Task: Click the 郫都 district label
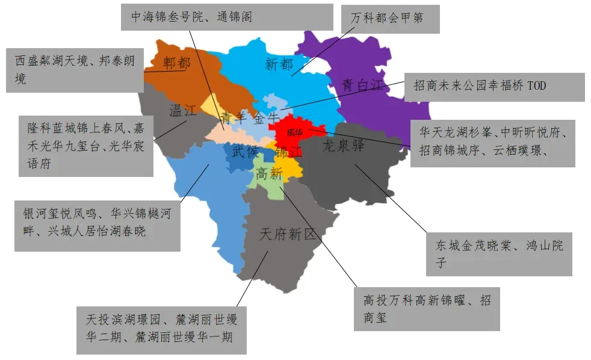pyautogui.click(x=176, y=63)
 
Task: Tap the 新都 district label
pyautogui.click(x=279, y=64)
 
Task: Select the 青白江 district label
pyautogui.click(x=362, y=85)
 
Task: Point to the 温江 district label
pyautogui.click(x=183, y=111)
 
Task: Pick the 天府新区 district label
pyautogui.click(x=287, y=234)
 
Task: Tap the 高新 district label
pyautogui.click(x=269, y=174)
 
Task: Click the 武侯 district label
pyautogui.click(x=246, y=152)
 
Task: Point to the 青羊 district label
pyautogui.click(x=233, y=117)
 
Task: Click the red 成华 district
pyautogui.click(x=295, y=132)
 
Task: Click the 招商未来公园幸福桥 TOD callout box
pyautogui.click(x=494, y=87)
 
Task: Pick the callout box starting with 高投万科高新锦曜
pyautogui.click(x=427, y=308)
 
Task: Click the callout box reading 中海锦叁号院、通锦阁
pyautogui.click(x=227, y=17)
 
